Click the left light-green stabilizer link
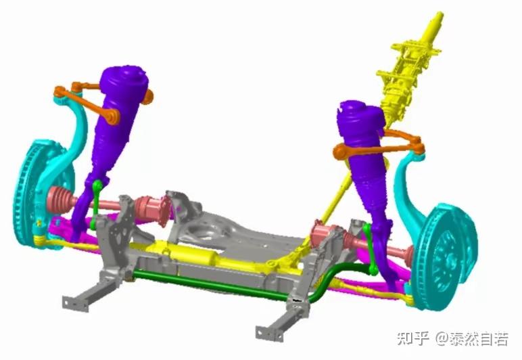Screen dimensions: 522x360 click(96, 203)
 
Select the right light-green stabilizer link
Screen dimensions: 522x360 click(370, 248)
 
